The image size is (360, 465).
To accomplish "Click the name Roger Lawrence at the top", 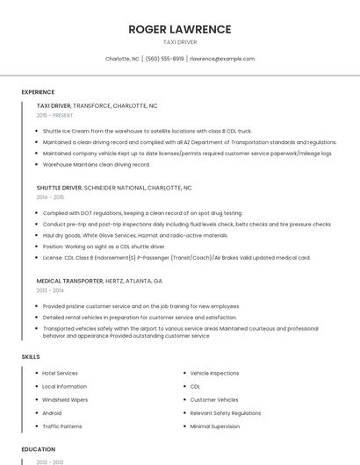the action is [180, 29].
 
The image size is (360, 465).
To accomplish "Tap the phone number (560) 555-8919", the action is [164, 59].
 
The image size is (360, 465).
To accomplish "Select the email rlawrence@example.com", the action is [222, 59].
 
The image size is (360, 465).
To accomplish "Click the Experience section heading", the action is [38, 92].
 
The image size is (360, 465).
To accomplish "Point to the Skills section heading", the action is [31, 357].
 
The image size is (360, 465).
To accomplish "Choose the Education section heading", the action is [38, 449].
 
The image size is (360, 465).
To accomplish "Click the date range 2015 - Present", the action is [54, 115].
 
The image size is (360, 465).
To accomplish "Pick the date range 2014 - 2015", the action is [50, 197].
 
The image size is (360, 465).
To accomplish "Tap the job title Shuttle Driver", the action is [59, 188].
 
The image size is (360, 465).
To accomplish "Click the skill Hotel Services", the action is [60, 373].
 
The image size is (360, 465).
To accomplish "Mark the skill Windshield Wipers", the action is [64, 399].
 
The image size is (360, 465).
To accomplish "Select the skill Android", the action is [52, 412].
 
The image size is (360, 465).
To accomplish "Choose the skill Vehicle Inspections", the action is [214, 373].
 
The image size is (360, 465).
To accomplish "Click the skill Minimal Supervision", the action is [215, 426].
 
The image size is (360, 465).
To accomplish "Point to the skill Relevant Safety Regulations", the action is [226, 412].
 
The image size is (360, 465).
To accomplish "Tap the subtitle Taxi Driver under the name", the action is [180, 42].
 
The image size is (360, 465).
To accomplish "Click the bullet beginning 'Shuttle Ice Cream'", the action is [147, 131].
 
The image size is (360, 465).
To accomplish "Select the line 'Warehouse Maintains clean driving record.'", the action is [97, 164].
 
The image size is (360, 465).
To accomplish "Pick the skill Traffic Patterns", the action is [62, 426].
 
